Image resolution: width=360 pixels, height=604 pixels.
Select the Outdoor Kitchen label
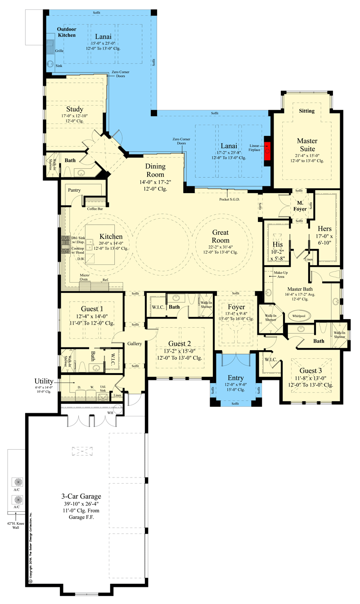point(66,32)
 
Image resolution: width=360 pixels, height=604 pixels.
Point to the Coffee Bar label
point(95,208)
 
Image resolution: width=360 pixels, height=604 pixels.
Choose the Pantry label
point(74,190)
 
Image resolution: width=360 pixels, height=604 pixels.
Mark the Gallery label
point(134,343)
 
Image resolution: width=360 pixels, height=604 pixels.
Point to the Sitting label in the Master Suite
point(307,111)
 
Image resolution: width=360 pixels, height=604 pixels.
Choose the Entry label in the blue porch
point(235,377)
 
